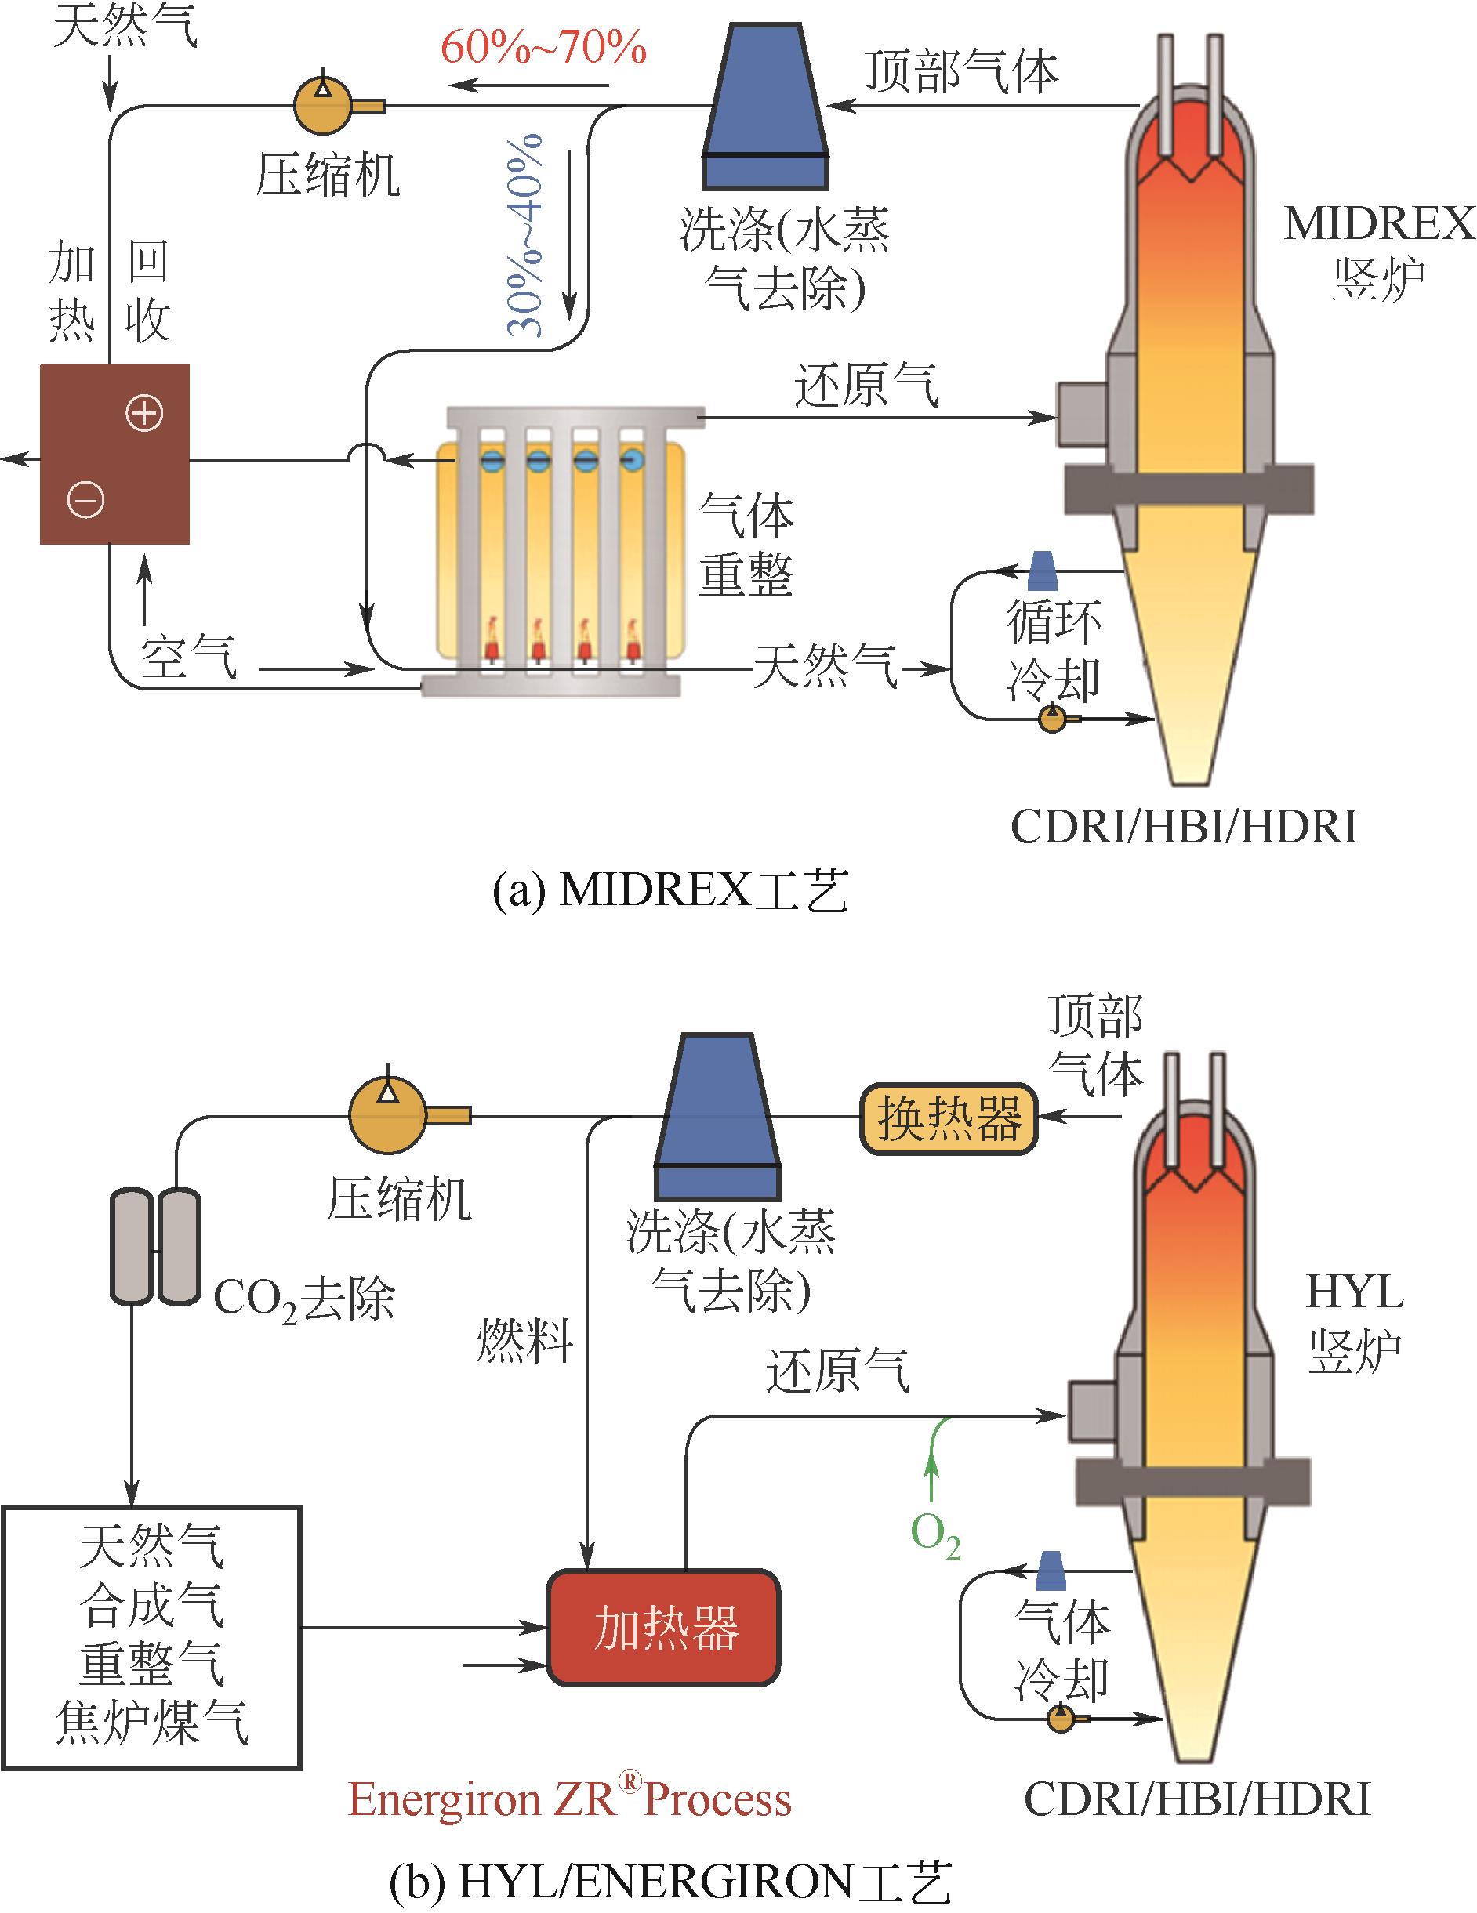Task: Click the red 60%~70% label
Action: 543,48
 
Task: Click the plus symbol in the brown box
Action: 144,414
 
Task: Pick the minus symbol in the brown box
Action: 86,500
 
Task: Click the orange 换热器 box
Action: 949,1119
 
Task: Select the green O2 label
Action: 935,1534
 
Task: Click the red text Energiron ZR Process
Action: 570,1799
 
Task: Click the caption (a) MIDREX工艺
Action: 670,892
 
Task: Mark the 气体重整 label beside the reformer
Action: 746,545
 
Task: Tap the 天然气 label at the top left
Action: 125,27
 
